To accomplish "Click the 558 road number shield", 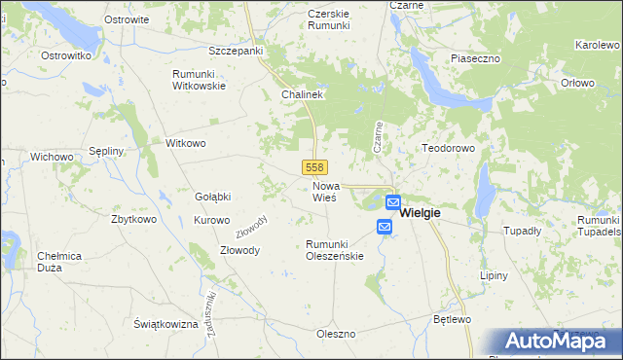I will [313, 167].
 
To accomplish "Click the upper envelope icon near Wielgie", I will [392, 202].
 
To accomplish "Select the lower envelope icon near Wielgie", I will [384, 227].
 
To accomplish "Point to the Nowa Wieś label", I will [324, 191].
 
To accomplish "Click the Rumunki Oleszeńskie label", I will [334, 250].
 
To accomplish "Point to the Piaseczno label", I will [475, 58].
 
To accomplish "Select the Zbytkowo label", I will [134, 219].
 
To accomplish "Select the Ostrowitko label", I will [66, 56].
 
